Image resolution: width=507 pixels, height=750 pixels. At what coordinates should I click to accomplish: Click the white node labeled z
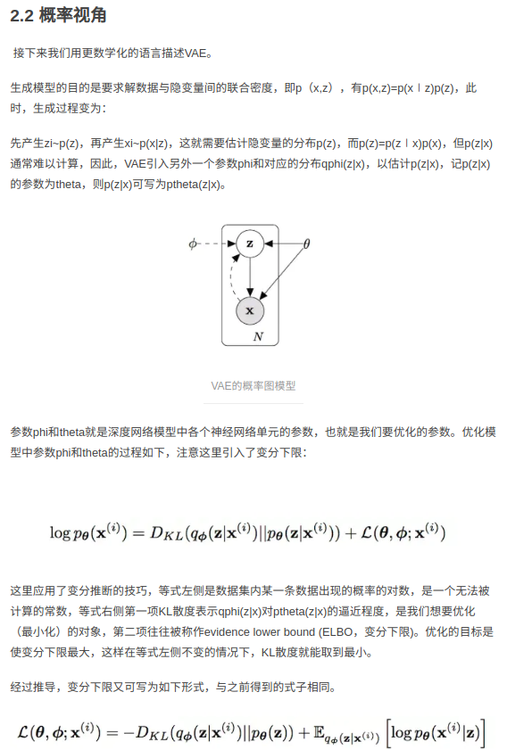point(250,243)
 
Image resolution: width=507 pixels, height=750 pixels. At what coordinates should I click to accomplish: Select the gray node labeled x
point(250,310)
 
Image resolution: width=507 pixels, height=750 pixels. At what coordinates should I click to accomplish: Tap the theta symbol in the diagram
point(306,243)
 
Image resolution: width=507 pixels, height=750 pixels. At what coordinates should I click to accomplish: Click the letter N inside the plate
point(258,336)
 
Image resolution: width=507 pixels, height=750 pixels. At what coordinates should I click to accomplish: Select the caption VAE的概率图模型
point(253,386)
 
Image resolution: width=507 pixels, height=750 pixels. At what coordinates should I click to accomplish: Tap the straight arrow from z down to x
point(251,276)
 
